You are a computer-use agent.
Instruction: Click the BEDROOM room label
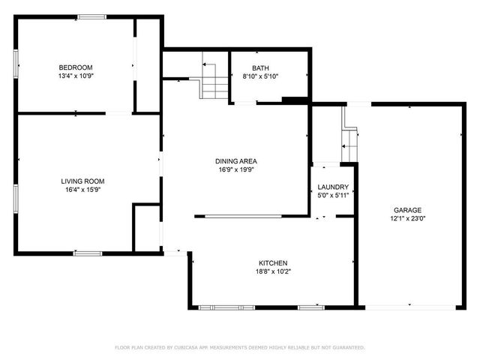pyautogui.click(x=75, y=67)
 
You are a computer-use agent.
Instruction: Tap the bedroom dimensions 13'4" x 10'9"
pyautogui.click(x=75, y=76)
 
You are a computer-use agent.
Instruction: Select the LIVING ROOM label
pyautogui.click(x=82, y=181)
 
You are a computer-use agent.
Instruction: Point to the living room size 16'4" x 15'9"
pyautogui.click(x=82, y=190)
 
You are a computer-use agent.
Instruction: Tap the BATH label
pyautogui.click(x=260, y=68)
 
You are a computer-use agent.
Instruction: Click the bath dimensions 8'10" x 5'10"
pyautogui.click(x=260, y=76)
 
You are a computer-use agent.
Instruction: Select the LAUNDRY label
pyautogui.click(x=333, y=187)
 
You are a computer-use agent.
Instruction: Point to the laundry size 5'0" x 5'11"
pyautogui.click(x=333, y=195)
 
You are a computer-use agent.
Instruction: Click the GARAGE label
pyautogui.click(x=408, y=210)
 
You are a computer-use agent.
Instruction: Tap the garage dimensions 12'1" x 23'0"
pyautogui.click(x=408, y=218)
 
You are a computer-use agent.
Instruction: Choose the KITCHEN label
pyautogui.click(x=273, y=263)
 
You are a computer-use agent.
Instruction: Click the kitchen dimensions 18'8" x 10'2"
pyautogui.click(x=273, y=271)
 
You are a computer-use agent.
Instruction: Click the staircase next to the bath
pyautogui.click(x=214, y=81)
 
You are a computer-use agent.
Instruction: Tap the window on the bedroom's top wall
pyautogui.click(x=91, y=16)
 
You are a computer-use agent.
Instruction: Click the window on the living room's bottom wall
pyautogui.click(x=88, y=253)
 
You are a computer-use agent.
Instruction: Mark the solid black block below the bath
pyautogui.click(x=294, y=100)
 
